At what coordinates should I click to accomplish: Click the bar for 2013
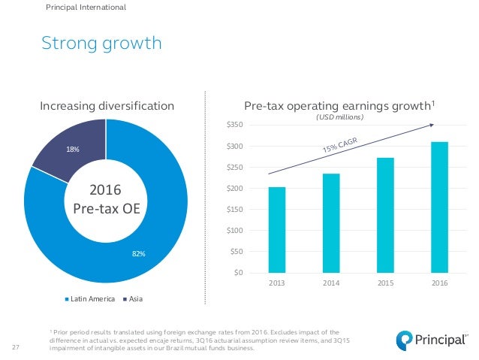(x=276, y=229)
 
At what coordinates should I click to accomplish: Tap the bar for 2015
(x=385, y=215)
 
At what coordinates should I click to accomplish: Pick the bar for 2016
(x=440, y=207)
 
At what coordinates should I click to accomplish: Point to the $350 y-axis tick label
(x=235, y=125)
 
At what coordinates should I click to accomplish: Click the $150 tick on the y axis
(x=235, y=210)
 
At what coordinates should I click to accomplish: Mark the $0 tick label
(x=239, y=273)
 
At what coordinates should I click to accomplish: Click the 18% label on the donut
(x=73, y=150)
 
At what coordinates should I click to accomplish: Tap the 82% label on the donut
(x=139, y=254)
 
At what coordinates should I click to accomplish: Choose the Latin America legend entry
(x=92, y=299)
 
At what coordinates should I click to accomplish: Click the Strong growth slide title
(x=102, y=44)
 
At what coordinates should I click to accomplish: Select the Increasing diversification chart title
(x=107, y=106)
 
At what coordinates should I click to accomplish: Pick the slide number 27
(x=17, y=347)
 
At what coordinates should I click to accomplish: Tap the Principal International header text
(x=86, y=8)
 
